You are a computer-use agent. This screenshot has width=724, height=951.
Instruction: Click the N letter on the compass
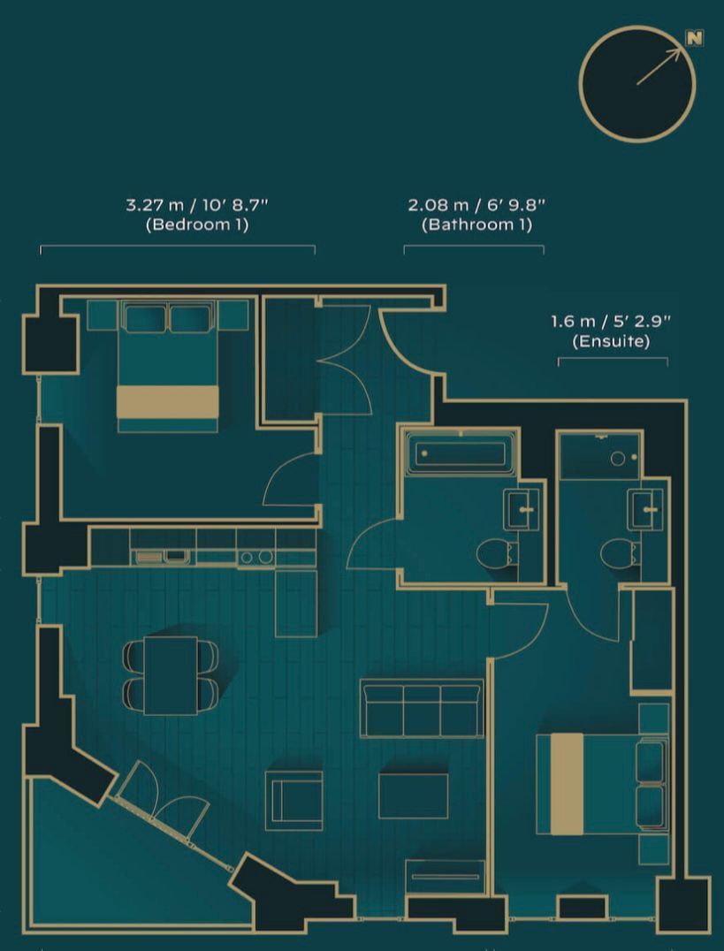696,38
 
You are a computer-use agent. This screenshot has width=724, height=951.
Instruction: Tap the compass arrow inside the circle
659,67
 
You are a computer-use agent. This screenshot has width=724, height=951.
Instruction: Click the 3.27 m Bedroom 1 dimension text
196,215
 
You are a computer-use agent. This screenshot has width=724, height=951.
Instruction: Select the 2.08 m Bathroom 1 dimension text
476,215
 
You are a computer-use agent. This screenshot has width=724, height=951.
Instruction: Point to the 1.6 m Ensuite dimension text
611,331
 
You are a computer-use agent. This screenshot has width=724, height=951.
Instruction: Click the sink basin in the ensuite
646,508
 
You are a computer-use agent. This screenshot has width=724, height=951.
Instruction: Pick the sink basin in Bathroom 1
522,508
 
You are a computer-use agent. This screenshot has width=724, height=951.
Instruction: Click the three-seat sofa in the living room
422,707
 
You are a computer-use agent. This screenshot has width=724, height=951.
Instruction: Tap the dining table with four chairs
171,674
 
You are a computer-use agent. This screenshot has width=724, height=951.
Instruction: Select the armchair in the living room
293,800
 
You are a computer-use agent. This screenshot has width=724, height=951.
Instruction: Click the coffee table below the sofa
413,795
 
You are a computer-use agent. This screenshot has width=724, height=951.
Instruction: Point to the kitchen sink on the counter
161,556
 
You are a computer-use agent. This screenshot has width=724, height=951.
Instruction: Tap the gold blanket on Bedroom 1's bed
167,401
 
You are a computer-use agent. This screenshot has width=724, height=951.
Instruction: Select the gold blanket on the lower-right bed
567,783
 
